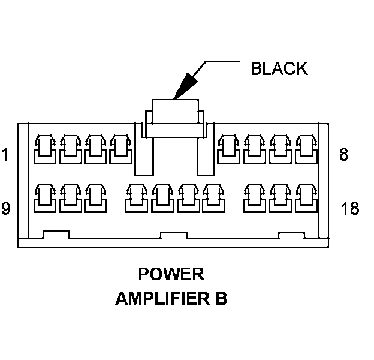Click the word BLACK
(279, 68)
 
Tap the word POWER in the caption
(171, 274)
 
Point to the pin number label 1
(5, 155)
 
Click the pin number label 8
(343, 155)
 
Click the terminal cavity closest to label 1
(45, 148)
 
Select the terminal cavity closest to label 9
(45, 198)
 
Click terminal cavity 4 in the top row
(120, 148)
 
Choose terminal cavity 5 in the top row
(228, 148)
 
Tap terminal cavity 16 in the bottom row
(254, 198)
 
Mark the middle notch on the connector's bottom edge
(174, 235)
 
